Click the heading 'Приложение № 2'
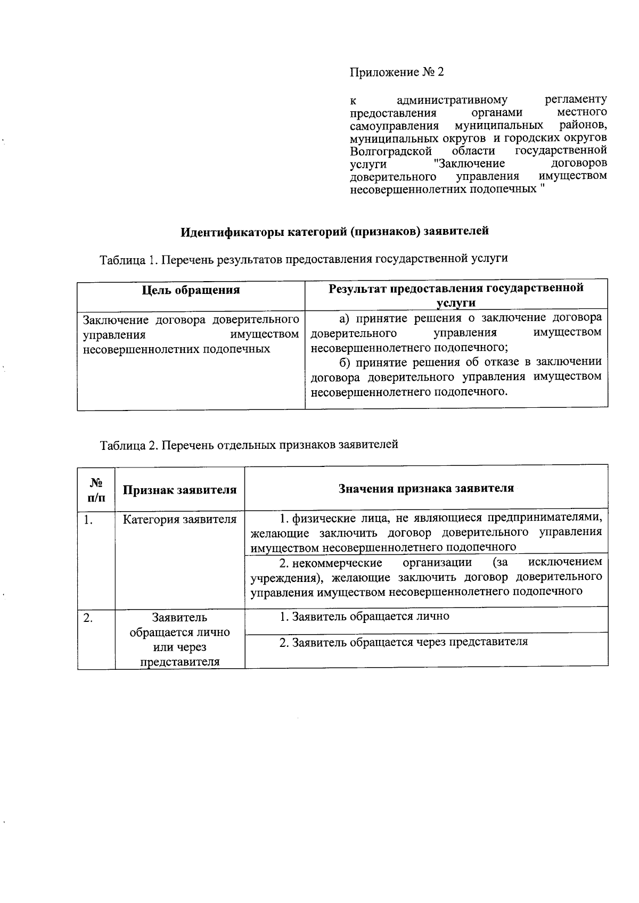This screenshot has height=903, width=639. tap(396, 72)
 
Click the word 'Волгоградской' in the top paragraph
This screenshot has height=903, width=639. tap(390, 151)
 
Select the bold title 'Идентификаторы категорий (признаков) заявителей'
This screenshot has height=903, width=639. tap(334, 232)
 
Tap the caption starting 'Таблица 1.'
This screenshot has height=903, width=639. tap(304, 259)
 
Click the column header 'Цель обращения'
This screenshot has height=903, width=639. tap(191, 290)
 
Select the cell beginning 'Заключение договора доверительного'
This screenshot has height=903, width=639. tap(191, 334)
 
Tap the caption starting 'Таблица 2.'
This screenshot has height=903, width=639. tap(249, 445)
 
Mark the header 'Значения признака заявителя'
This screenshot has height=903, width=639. tap(426, 489)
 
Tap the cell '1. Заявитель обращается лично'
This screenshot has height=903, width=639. tap(365, 617)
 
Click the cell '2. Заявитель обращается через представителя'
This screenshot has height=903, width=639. tap(404, 642)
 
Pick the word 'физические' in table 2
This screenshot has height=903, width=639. tap(318, 518)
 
